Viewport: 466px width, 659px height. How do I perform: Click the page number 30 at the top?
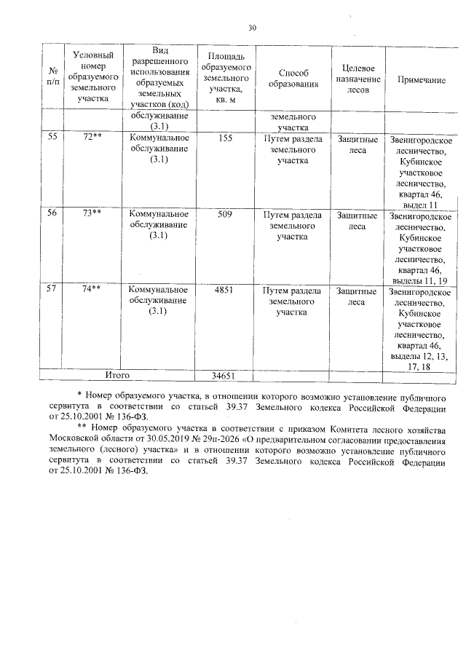pos(252,28)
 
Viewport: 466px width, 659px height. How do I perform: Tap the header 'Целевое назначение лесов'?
pos(357,79)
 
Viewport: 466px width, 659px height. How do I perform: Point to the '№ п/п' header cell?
pos(52,79)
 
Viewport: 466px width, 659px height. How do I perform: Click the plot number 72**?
pos(91,137)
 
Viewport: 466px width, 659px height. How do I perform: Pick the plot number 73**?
pos(91,215)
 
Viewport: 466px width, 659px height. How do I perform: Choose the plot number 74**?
pos(91,290)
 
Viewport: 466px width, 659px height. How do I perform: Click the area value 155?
pos(225,137)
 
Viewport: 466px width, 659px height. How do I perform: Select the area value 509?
pos(225,215)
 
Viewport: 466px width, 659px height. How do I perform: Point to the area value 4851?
pos(225,290)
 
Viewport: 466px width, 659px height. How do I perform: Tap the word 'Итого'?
pos(117,376)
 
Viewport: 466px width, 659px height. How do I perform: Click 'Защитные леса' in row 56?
pos(357,221)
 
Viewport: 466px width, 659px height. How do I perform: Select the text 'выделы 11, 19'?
pos(420,280)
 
